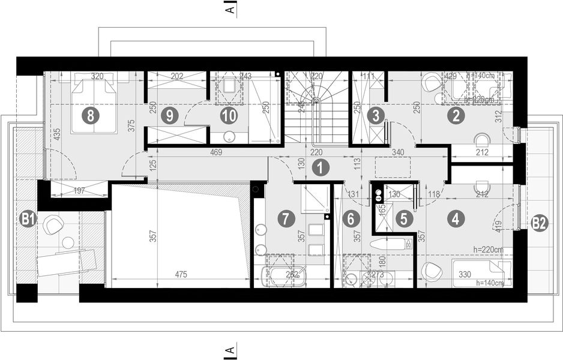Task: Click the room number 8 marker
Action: point(90,116)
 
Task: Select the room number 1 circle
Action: point(321,169)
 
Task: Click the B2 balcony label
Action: point(539,223)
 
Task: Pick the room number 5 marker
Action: point(404,219)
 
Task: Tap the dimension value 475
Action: point(181,275)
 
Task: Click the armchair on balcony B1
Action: point(53,224)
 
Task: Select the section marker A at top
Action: point(229,10)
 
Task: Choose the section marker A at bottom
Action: point(229,350)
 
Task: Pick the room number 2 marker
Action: point(456,116)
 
